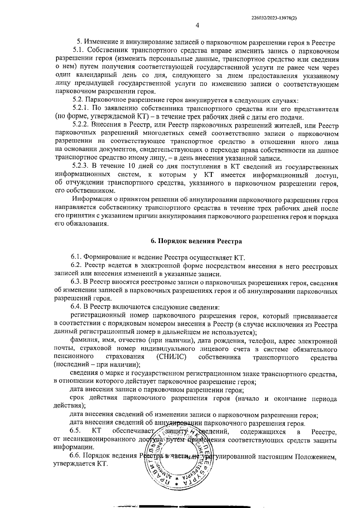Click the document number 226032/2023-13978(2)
(x=274, y=18)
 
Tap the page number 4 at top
(x=197, y=26)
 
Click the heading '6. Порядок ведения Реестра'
(x=196, y=241)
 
